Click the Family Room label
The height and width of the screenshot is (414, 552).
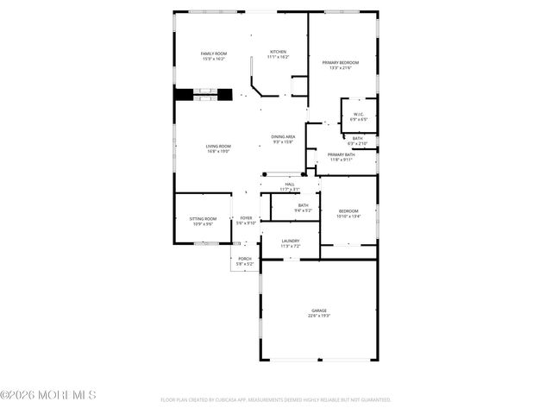coord(213,53)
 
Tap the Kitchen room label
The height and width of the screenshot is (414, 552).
coord(278,52)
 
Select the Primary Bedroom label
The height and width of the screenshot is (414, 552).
coord(341,63)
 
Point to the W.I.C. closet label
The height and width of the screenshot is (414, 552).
coord(359,115)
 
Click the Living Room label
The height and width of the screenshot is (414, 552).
coord(217,146)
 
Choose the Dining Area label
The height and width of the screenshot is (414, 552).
coord(284,137)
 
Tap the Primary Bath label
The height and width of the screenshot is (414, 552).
coord(341,154)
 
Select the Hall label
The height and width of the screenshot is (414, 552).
coord(290,184)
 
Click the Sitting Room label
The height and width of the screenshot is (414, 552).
coord(204,219)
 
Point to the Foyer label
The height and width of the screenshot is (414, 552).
coord(246,218)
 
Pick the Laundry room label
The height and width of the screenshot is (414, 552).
coord(290,241)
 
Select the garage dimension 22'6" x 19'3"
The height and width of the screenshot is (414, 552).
coord(319,317)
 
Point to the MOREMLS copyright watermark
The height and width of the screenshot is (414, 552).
coord(48,395)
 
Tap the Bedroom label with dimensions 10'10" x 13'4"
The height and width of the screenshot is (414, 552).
coord(348,211)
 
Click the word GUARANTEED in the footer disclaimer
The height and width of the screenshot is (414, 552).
coord(374,400)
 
